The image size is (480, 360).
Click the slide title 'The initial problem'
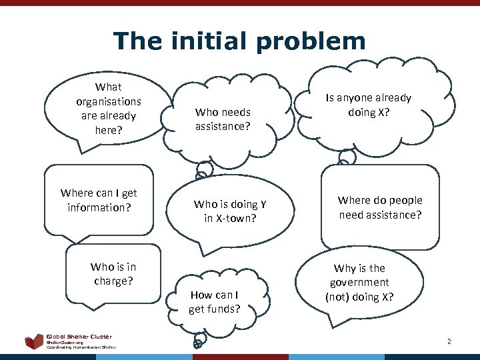pyautogui.click(x=239, y=41)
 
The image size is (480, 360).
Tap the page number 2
pyautogui.click(x=449, y=341)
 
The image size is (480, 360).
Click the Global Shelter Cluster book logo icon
pyautogui.click(x=34, y=342)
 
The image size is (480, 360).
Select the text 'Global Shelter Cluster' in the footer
pyautogui.click(x=79, y=337)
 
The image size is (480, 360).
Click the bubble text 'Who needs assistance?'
pyautogui.click(x=223, y=119)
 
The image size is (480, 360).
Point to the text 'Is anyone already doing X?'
pyautogui.click(x=368, y=105)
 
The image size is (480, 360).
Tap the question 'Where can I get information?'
pyautogui.click(x=99, y=200)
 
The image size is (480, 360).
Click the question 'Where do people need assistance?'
pyautogui.click(x=380, y=207)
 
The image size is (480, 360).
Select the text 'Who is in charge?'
pyautogui.click(x=113, y=274)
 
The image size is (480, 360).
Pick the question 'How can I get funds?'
pyautogui.click(x=215, y=301)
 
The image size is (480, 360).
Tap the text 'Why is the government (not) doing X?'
pyautogui.click(x=359, y=282)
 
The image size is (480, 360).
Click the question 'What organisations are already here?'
pyautogui.click(x=109, y=108)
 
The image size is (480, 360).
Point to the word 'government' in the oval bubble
pyautogui.click(x=359, y=282)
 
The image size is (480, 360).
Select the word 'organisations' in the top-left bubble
pyautogui.click(x=109, y=101)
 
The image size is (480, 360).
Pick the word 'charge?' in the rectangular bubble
pyautogui.click(x=113, y=281)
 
